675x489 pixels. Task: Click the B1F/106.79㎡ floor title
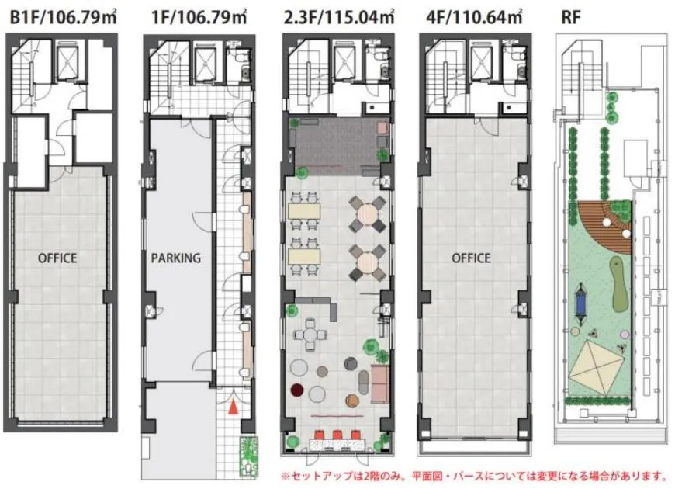(x=64, y=17)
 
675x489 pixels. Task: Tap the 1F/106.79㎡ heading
(x=199, y=17)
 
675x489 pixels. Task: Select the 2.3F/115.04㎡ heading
(x=339, y=17)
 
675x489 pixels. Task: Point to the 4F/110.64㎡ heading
(x=474, y=17)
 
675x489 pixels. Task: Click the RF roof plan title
(x=571, y=18)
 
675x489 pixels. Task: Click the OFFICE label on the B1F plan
(x=57, y=258)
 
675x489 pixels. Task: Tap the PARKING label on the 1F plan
(x=175, y=258)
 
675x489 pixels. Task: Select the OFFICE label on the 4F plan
(x=471, y=258)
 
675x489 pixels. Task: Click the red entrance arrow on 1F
(x=233, y=407)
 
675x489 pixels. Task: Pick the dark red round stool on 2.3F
(x=297, y=390)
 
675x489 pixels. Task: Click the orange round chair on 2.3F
(x=352, y=401)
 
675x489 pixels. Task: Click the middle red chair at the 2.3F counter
(x=337, y=435)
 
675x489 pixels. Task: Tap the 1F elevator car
(x=206, y=64)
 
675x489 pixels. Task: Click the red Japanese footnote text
(x=474, y=476)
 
